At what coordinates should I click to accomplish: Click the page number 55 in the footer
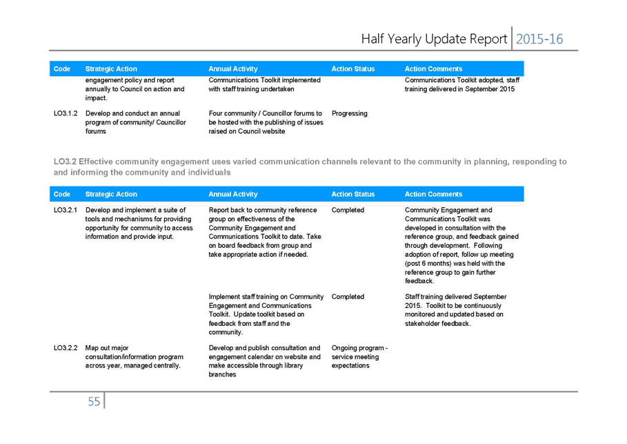(94, 402)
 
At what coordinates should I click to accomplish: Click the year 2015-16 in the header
(539, 39)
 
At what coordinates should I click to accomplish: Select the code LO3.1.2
(66, 113)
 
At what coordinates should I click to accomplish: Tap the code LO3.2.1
(66, 210)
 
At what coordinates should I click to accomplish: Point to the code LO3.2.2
(66, 348)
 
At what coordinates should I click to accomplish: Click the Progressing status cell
(350, 114)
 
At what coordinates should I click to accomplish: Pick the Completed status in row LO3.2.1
(348, 210)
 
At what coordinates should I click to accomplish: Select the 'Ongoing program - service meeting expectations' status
(359, 357)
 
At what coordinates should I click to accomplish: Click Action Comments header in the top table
(433, 69)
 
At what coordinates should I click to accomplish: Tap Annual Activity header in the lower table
(233, 194)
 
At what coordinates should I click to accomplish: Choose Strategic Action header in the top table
(111, 69)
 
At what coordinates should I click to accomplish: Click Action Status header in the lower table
(353, 194)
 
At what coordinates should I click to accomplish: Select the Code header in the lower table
(62, 194)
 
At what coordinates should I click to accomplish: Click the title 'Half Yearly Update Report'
(435, 39)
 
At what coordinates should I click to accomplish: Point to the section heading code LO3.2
(65, 162)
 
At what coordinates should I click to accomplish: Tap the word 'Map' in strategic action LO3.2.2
(92, 348)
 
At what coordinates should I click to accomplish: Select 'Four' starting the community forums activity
(215, 113)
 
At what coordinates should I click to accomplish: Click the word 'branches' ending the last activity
(222, 374)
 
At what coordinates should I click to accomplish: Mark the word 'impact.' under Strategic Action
(96, 98)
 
